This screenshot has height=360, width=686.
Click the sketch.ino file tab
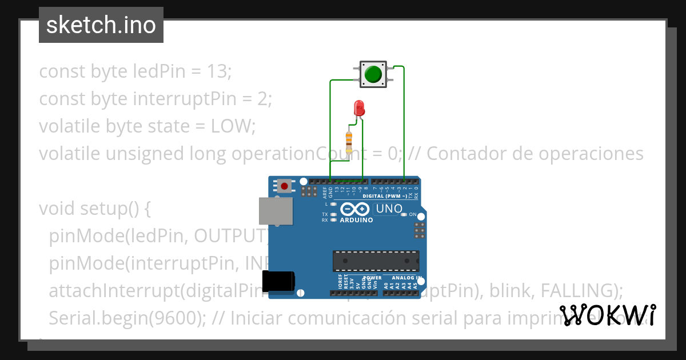(101, 25)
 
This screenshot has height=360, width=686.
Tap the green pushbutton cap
(373, 74)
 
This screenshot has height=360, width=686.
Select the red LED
(359, 107)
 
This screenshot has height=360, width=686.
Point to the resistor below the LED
(349, 139)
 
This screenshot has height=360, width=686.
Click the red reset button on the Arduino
(284, 186)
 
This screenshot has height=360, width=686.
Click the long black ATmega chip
(376, 261)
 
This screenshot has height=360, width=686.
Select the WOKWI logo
(607, 315)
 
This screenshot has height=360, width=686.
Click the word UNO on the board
(389, 209)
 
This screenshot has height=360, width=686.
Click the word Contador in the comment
(463, 154)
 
